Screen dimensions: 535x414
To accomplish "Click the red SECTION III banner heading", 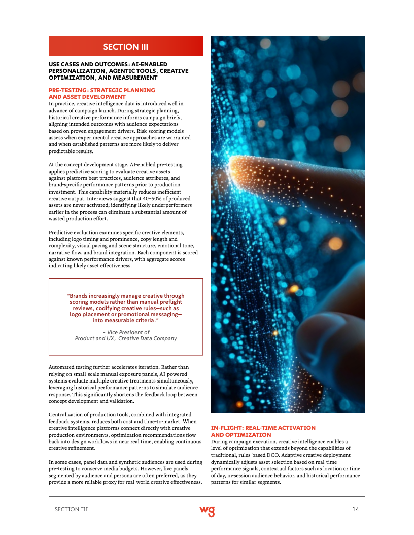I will point(125,47).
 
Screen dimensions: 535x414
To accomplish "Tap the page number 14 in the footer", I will point(356,509).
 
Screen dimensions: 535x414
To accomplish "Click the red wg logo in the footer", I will point(207,510).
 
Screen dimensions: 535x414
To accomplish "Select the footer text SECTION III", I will point(71,509).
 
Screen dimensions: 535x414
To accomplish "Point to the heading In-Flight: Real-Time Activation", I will point(263,428).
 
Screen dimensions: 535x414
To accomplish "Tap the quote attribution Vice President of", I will point(126,332).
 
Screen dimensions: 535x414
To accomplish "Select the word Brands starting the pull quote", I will point(79,296).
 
